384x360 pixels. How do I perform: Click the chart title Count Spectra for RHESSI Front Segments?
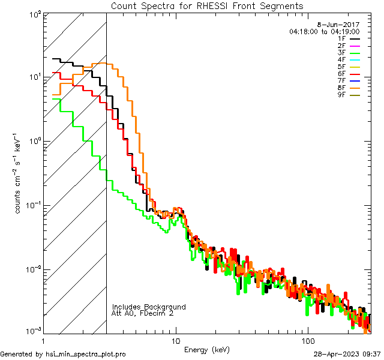(207, 6)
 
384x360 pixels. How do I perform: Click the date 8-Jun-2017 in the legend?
(341, 25)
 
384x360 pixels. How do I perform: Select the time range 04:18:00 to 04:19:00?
(324, 31)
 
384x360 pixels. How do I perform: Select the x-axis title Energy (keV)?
(207, 350)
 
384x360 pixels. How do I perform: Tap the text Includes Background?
(149, 307)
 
